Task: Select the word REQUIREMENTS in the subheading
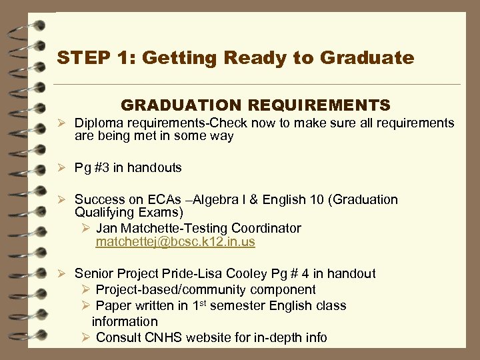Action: pyautogui.click(x=319, y=105)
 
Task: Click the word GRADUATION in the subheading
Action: pyautogui.click(x=182, y=105)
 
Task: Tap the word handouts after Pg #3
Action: pyautogui.click(x=154, y=168)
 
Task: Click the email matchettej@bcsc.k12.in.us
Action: pyautogui.click(x=175, y=242)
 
